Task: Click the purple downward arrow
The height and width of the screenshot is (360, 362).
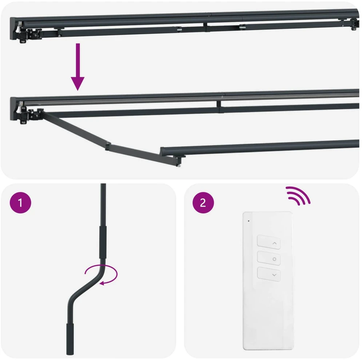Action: click(x=77, y=67)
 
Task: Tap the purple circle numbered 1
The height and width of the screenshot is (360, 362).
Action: click(x=20, y=203)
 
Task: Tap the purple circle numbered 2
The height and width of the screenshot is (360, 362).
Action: click(x=203, y=203)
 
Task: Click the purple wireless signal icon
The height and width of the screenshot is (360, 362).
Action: click(x=298, y=196)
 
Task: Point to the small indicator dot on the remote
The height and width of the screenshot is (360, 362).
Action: click(x=248, y=221)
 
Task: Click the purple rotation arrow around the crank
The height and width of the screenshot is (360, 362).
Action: click(x=102, y=275)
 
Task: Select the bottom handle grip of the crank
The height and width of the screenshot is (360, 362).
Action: click(x=70, y=339)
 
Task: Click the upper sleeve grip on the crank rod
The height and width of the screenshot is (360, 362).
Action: click(x=103, y=242)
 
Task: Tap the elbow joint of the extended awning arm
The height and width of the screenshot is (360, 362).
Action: click(x=108, y=146)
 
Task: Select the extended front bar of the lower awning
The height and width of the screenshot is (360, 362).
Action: click(x=260, y=147)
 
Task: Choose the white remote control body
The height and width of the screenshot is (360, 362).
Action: click(x=268, y=280)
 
